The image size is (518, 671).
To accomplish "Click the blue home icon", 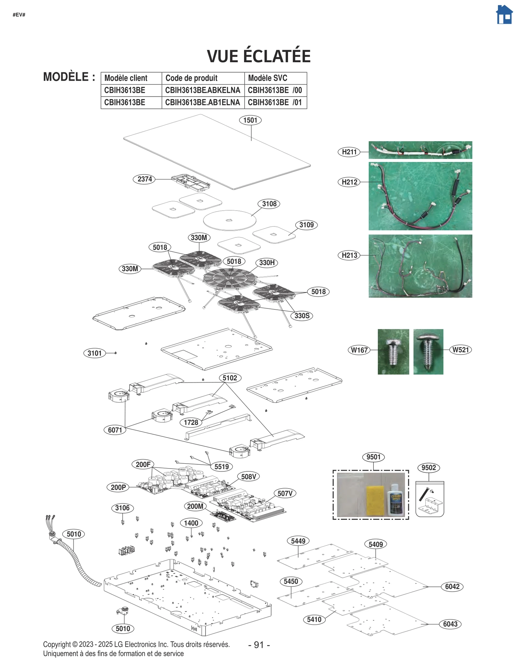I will [504, 15].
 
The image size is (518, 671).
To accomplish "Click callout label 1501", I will [250, 120].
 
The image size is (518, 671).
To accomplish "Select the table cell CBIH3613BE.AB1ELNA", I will [202, 102].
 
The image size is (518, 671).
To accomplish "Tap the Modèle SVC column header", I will [267, 78].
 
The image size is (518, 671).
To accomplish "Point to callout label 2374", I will [144, 179].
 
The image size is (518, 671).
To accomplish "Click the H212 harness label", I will [349, 182].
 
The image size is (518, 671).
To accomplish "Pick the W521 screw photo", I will [428, 352].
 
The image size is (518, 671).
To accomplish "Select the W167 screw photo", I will [393, 352].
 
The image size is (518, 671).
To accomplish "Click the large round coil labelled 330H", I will [230, 278].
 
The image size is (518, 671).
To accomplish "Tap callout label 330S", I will [302, 316].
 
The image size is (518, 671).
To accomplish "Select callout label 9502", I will [428, 468].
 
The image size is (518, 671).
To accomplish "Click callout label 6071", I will [115, 430].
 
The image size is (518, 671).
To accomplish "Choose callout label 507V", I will [285, 493].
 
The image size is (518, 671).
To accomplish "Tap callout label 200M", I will [195, 506].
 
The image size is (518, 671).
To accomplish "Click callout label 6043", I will [450, 624].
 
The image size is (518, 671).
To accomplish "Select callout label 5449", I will [298, 541].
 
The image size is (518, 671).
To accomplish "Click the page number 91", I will [259, 645].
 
